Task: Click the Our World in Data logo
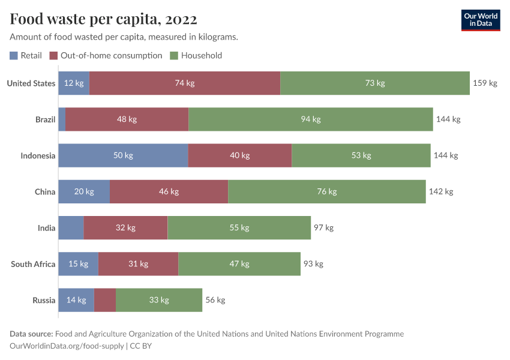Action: click(x=480, y=20)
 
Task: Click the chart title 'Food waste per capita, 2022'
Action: click(x=103, y=20)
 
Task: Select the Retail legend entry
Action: click(x=26, y=56)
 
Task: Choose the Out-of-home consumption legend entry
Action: click(x=106, y=56)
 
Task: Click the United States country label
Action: click(x=31, y=83)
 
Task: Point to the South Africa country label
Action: click(x=33, y=264)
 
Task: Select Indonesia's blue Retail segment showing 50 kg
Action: click(x=123, y=155)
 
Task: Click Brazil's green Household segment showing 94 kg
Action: click(x=311, y=119)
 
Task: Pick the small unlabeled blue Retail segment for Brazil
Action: click(x=62, y=119)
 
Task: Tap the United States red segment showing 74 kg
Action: click(x=185, y=83)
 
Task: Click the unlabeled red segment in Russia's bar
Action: click(x=105, y=300)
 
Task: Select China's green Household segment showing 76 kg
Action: click(x=327, y=192)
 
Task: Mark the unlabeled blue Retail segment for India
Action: click(x=71, y=228)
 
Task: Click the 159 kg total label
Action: click(x=485, y=83)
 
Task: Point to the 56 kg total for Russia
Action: click(x=215, y=300)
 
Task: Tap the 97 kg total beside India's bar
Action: click(x=323, y=228)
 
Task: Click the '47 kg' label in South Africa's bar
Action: click(x=239, y=264)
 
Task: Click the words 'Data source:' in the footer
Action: click(x=31, y=334)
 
